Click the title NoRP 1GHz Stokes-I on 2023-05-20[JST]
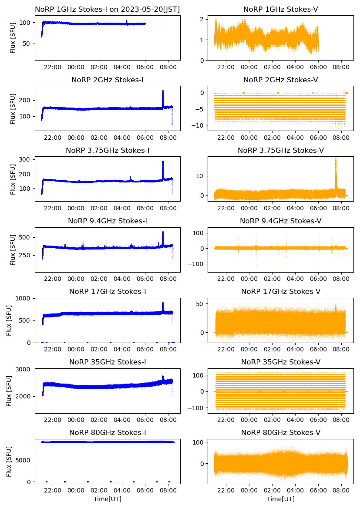108,9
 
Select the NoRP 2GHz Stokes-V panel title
280,80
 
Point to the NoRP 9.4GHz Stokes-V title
280,221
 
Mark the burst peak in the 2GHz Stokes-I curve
163,91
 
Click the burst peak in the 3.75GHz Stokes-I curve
163,162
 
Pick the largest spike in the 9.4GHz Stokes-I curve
163,232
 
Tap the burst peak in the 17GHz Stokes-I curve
163,303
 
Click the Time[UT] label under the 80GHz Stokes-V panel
280,499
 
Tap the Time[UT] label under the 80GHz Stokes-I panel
108,499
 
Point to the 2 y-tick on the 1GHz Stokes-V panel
202,19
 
